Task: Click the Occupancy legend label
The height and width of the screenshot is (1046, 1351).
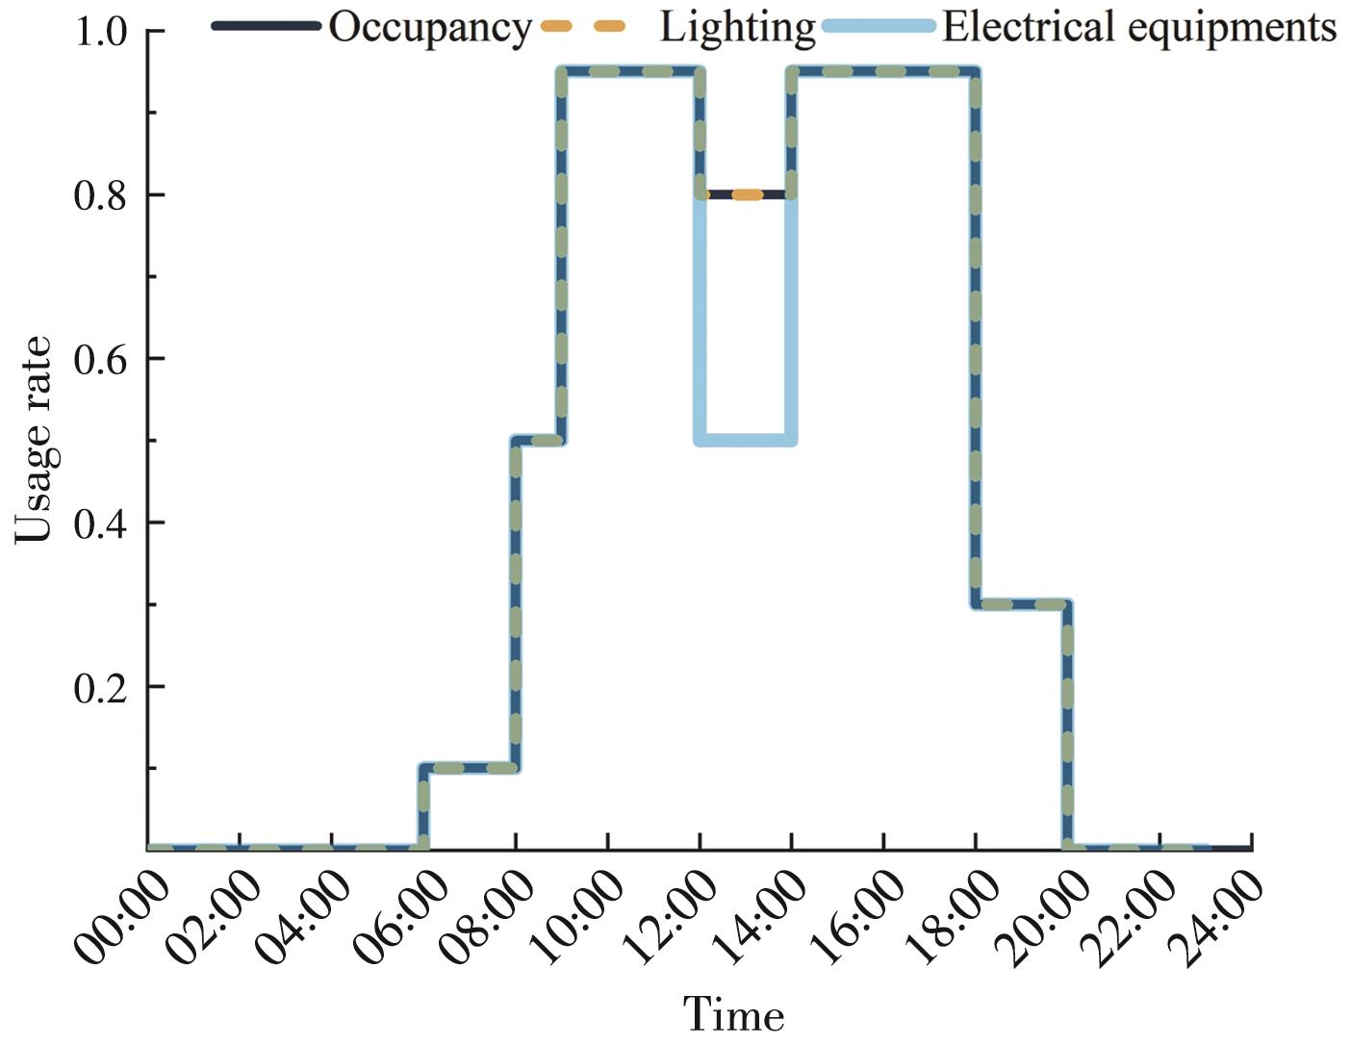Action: tap(429, 27)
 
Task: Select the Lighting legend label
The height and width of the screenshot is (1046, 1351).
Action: tap(737, 27)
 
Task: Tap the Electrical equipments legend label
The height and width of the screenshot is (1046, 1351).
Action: tap(1139, 27)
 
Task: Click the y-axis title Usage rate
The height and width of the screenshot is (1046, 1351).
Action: tap(35, 440)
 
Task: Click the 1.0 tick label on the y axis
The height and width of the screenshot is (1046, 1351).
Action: tap(100, 32)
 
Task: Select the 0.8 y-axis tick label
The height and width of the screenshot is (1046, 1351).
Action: tap(100, 195)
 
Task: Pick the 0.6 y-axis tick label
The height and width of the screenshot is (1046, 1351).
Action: tap(100, 359)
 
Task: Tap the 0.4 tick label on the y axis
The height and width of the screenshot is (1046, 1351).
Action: tap(100, 523)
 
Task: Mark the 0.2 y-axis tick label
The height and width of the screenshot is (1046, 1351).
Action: tap(100, 687)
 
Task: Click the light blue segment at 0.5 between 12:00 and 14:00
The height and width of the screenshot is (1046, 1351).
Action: tap(747, 441)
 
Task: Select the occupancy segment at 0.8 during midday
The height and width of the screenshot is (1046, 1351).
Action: tap(747, 194)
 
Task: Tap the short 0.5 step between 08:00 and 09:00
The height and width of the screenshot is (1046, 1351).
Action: tap(538, 441)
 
